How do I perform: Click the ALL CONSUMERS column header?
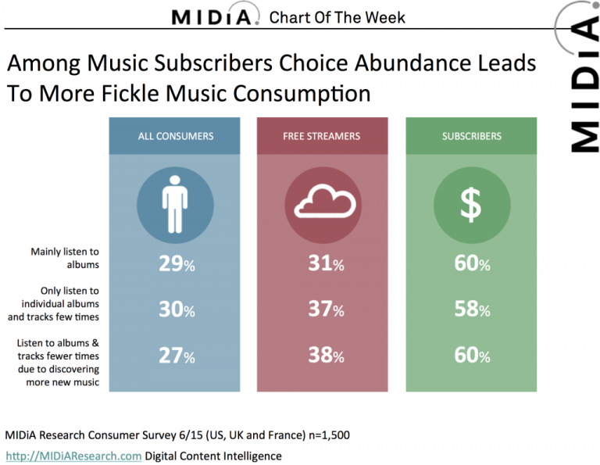[175, 136]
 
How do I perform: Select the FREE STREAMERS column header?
[321, 136]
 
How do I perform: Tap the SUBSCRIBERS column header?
[471, 136]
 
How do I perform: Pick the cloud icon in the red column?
[323, 202]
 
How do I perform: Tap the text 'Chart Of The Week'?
[337, 17]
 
